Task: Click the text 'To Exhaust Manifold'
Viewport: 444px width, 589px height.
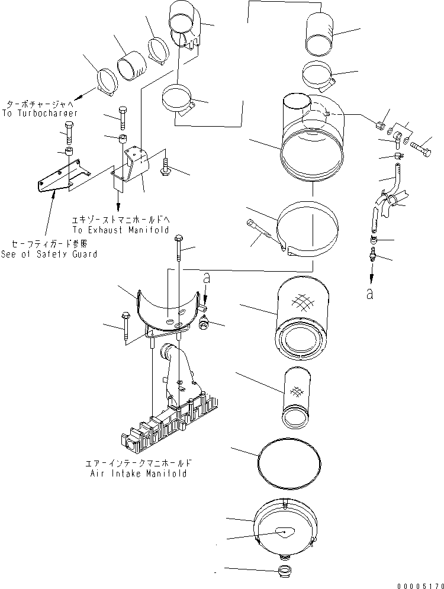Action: [x=120, y=230]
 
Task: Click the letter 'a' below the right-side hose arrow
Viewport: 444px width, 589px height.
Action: [x=369, y=294]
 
